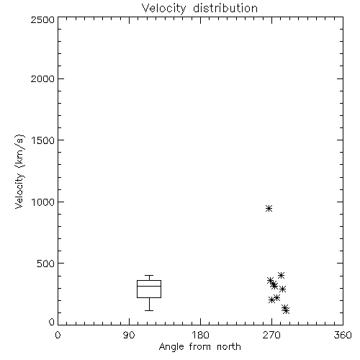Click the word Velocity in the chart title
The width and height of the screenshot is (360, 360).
tap(163, 9)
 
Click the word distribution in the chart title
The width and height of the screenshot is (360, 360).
tap(225, 8)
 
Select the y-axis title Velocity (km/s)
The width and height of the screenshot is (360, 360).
tap(19, 171)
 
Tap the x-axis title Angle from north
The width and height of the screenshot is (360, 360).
tap(199, 346)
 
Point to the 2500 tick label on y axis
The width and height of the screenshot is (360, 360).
tap(42, 19)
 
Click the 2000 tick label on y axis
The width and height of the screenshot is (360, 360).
tap(42, 78)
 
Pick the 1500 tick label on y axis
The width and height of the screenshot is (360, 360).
tap(43, 140)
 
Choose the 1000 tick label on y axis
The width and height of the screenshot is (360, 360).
tap(43, 202)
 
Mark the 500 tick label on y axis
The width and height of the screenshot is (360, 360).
tap(46, 264)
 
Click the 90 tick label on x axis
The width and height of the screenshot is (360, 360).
tap(129, 335)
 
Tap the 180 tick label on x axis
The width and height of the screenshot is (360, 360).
tap(200, 335)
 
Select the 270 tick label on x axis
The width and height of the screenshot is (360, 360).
tap(271, 335)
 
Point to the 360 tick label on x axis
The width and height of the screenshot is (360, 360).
tap(343, 335)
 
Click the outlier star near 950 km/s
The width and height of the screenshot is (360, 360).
tap(269, 208)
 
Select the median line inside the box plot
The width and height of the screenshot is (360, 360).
tap(149, 286)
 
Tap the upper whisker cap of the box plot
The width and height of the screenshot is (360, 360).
tap(149, 275)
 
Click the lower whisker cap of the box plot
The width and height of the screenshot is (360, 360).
tap(149, 310)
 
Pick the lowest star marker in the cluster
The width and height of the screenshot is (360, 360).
tap(286, 311)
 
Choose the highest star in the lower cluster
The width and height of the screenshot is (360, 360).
tap(281, 275)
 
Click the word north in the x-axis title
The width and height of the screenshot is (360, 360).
tap(229, 346)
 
